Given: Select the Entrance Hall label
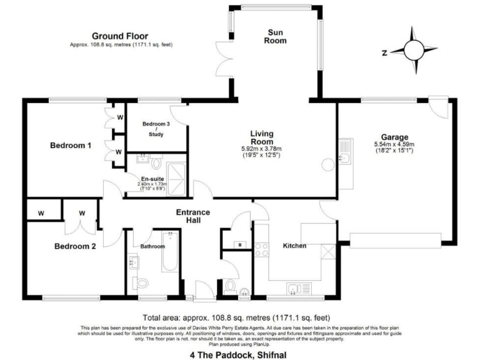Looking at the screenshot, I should tap(192, 216).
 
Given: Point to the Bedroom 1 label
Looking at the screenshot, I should tap(71, 146).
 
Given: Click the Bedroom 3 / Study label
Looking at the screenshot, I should tap(156, 129).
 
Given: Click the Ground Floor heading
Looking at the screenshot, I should tap(120, 36).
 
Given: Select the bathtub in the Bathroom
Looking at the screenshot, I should tap(170, 252).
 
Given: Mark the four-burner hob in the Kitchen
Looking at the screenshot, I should tap(261, 250).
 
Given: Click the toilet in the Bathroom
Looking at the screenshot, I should tap(142, 282).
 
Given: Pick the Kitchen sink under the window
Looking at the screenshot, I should tap(293, 288).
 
